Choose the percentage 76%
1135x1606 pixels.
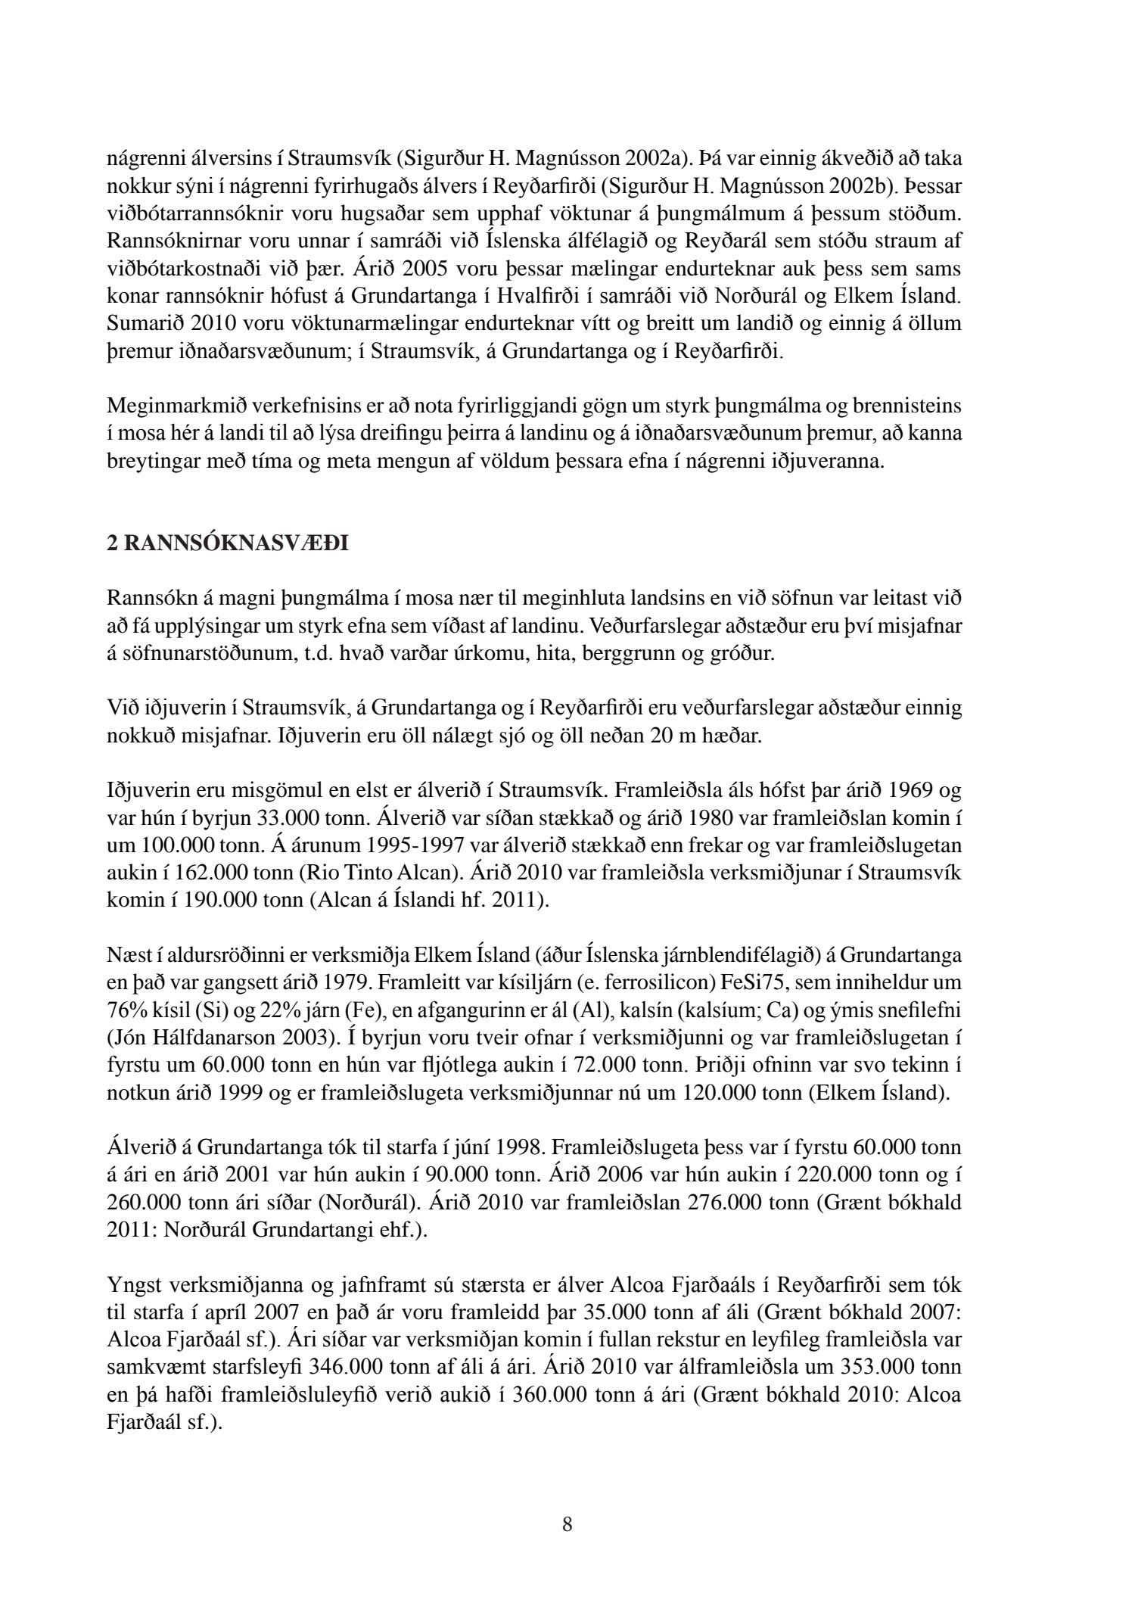tap(125, 1010)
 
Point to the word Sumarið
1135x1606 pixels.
tap(143, 323)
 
